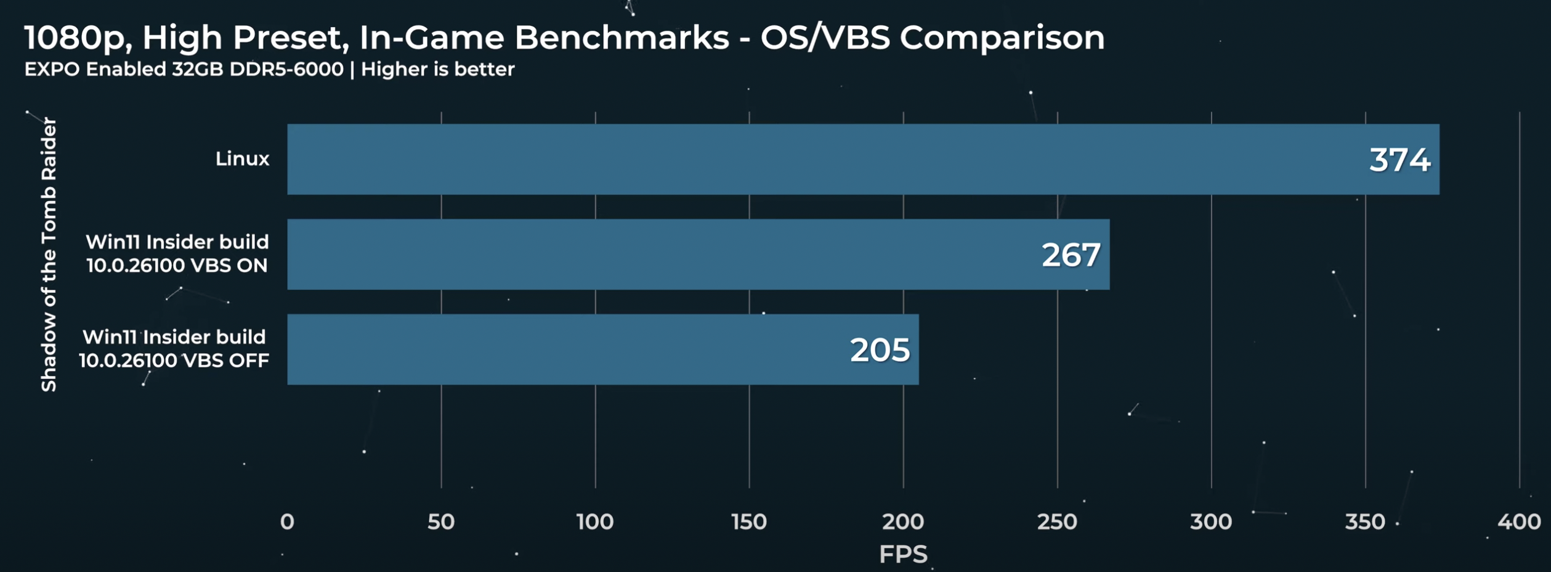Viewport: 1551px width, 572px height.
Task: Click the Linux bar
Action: (x=862, y=159)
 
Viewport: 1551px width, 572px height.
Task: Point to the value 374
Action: (x=1399, y=160)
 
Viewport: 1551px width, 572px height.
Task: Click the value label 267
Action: (x=1071, y=255)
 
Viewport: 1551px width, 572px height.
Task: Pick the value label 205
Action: (x=880, y=349)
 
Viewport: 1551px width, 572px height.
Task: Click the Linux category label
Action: (x=242, y=159)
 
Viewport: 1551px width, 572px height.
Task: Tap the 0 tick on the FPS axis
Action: (x=287, y=522)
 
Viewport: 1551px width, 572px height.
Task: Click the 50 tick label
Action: (x=441, y=522)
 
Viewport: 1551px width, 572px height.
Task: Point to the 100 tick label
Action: (x=595, y=522)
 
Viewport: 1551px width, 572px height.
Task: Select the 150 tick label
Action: (x=749, y=522)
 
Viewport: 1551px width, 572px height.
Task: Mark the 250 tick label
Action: (x=1057, y=522)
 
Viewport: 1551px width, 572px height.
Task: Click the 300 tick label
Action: (x=1211, y=522)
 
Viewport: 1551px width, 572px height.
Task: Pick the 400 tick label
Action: (x=1519, y=522)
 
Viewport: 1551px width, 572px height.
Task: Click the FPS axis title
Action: (x=903, y=554)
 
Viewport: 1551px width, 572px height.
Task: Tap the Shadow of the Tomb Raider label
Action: (x=49, y=254)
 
